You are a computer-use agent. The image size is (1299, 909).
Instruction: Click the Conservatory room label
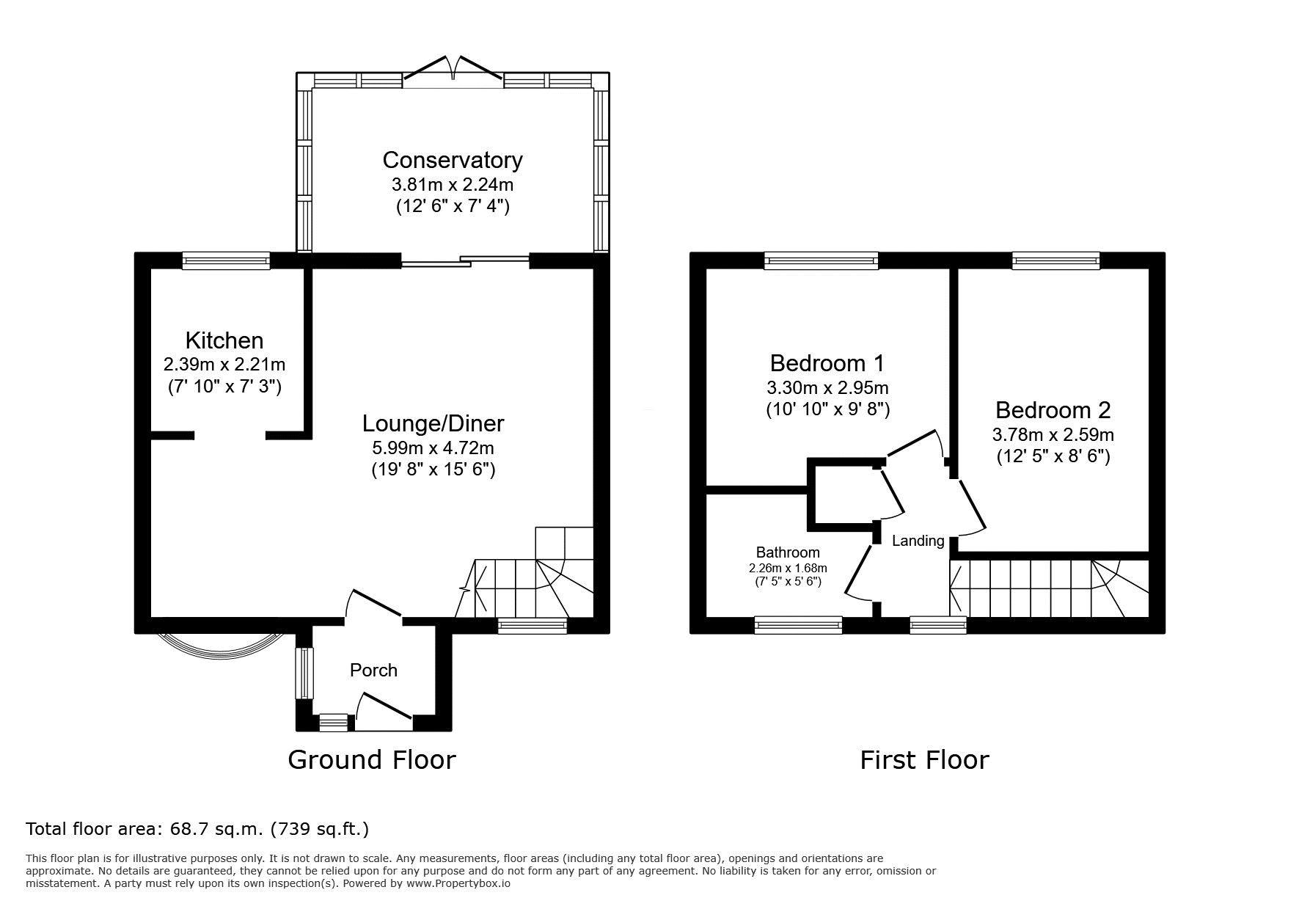452,160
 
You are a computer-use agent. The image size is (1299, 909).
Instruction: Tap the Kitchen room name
224,340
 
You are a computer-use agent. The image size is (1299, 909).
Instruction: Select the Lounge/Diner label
433,423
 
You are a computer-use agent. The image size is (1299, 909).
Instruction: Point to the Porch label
373,670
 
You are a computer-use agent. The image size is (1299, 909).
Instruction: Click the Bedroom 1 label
827,363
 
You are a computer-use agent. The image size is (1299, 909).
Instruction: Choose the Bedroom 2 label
1053,409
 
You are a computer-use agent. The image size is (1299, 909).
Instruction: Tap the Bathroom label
788,552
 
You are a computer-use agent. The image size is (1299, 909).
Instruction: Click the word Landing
918,541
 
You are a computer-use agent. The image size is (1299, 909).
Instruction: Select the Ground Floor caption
371,759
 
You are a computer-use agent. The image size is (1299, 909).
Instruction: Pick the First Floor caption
924,759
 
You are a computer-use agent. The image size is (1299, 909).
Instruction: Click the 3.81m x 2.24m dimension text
452,184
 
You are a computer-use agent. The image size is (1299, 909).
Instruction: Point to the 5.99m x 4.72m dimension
433,447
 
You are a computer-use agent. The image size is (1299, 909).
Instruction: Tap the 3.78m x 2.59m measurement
1053,434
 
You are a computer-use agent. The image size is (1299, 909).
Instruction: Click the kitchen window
226,260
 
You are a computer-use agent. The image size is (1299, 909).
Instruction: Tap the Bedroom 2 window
1055,260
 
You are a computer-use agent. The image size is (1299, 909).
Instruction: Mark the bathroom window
798,624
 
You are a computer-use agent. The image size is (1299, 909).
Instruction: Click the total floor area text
197,829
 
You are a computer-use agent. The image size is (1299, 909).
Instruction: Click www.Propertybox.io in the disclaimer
458,883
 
